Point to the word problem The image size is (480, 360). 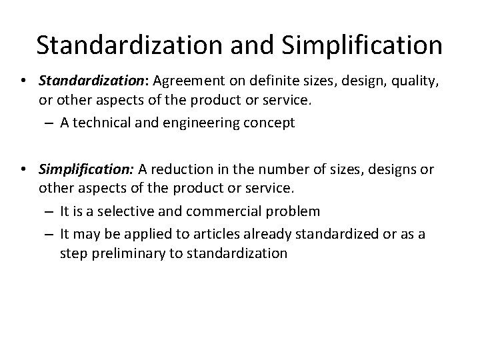[295, 212]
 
